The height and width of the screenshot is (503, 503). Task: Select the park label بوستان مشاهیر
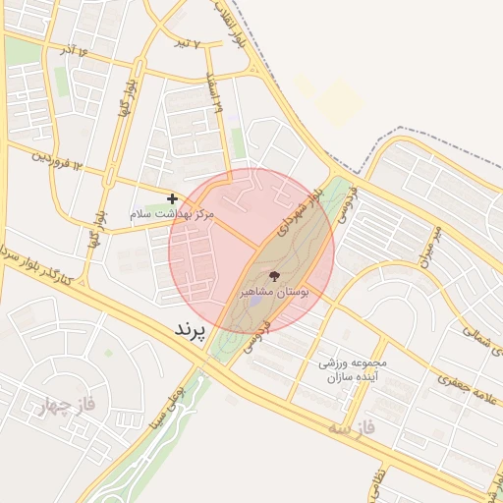click(274, 293)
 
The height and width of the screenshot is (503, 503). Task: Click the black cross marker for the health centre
click(172, 198)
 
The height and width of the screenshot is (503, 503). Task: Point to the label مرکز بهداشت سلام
click(172, 212)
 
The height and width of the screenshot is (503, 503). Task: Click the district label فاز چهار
click(46, 404)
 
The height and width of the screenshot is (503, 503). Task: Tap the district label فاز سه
click(353, 428)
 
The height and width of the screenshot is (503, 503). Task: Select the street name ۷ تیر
click(183, 43)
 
